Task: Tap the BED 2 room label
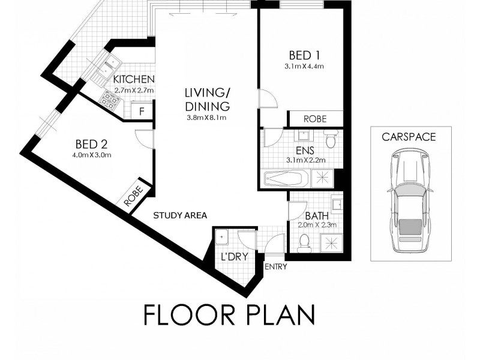91,144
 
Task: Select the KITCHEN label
134,80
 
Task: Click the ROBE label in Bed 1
315,119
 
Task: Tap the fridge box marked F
142,111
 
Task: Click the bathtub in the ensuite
286,178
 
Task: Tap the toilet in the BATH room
304,242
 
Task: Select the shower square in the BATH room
329,242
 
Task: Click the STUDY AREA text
180,215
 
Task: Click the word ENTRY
275,266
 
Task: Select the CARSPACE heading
409,137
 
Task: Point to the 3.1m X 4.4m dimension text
304,67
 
